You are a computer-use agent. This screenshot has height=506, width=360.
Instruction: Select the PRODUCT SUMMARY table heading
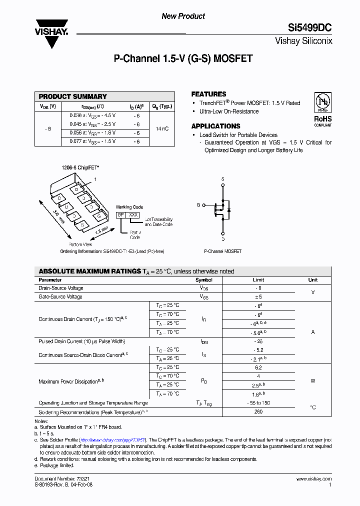tap(72, 96)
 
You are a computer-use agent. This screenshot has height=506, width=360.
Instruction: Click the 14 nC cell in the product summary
tap(162, 128)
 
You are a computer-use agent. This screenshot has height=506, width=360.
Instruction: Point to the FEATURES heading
tap(208, 94)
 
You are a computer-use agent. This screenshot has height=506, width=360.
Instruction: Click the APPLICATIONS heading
tap(215, 126)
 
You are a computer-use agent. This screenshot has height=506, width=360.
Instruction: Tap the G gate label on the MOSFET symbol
tap(198, 205)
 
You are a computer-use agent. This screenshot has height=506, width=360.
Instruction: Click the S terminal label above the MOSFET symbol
tap(222, 178)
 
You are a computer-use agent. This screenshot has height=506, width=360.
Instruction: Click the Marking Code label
tap(129, 206)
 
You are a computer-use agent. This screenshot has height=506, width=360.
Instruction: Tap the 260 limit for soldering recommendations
tap(258, 412)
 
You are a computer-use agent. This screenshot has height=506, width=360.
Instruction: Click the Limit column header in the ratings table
tap(258, 280)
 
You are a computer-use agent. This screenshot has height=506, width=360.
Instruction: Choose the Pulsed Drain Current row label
tap(81, 341)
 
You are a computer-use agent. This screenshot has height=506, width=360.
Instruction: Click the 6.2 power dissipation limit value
tap(258, 367)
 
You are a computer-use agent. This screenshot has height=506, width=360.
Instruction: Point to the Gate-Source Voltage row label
tap(60, 297)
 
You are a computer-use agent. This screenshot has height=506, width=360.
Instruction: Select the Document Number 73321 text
tap(62, 478)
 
